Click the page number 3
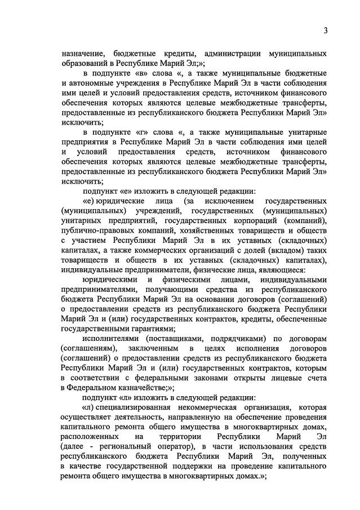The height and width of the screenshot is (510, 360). click(326, 30)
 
